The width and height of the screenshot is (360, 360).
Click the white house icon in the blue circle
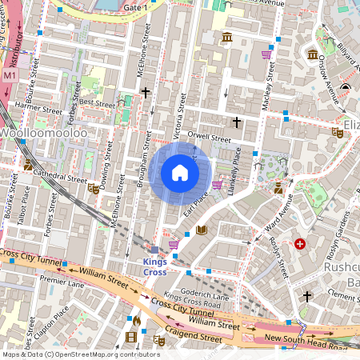[180, 173]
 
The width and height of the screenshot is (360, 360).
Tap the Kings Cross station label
[155, 267]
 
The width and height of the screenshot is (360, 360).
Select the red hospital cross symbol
[300, 244]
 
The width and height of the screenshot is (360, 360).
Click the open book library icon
[202, 230]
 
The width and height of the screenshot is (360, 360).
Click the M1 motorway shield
[10, 75]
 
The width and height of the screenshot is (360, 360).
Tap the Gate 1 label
[136, 6]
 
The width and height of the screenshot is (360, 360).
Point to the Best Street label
[97, 102]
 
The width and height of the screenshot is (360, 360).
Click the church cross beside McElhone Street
[146, 93]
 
